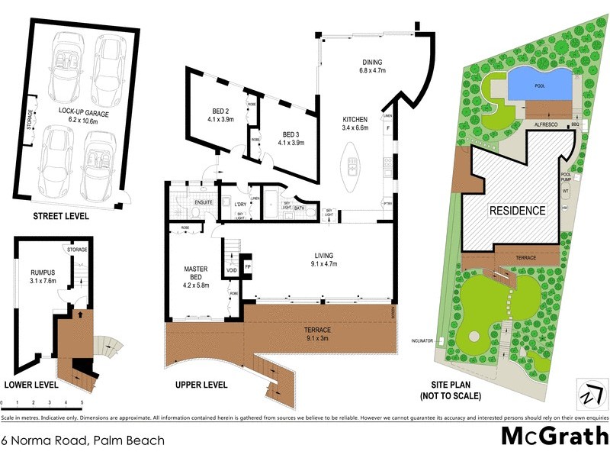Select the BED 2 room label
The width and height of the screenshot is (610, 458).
(x=220, y=114)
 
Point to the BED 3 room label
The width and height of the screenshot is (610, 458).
(x=291, y=138)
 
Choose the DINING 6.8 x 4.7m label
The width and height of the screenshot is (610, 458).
(x=372, y=66)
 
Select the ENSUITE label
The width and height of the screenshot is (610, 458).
(x=203, y=202)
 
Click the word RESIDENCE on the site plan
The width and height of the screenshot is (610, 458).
(x=517, y=211)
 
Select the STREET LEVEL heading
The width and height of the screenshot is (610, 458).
(x=60, y=217)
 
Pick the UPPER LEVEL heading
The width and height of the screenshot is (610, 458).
(x=201, y=385)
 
